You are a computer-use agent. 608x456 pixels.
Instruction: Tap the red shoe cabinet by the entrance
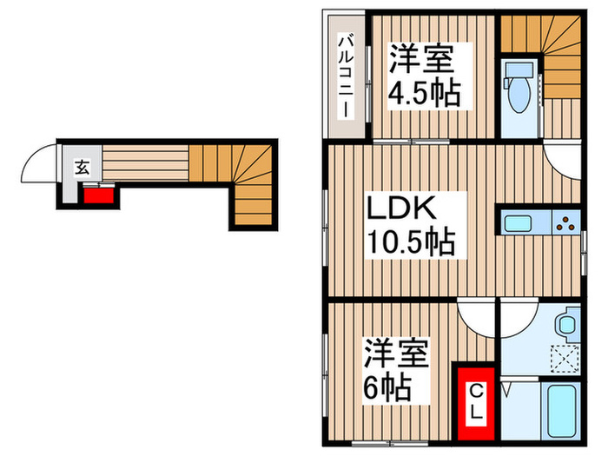[x=97, y=194]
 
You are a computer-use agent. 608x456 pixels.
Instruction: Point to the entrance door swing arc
[x=42, y=163]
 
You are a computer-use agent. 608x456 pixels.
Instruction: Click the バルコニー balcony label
[x=346, y=76]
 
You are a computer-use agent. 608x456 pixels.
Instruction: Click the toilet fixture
[x=521, y=87]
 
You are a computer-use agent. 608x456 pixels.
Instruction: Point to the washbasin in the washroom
[x=566, y=325]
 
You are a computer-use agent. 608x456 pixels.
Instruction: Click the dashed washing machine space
[x=565, y=358]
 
